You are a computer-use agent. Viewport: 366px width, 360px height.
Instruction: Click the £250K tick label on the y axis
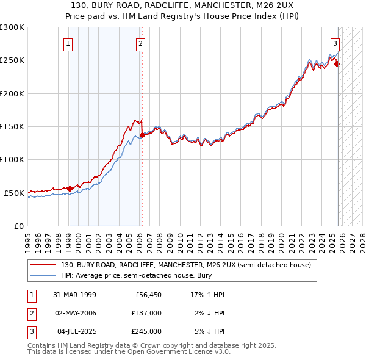(x=12, y=60)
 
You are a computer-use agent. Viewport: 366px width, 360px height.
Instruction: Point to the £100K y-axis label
(x=12, y=159)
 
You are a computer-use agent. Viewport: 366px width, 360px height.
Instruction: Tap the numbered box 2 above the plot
(x=140, y=43)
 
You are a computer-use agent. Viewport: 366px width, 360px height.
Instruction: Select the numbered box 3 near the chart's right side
(x=335, y=43)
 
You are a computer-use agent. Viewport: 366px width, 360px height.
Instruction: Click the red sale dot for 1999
(x=70, y=189)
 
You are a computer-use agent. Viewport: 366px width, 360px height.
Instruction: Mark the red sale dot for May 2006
(x=142, y=135)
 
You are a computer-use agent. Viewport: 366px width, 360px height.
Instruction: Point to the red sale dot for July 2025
(x=337, y=63)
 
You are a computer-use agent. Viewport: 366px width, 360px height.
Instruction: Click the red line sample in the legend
(x=43, y=265)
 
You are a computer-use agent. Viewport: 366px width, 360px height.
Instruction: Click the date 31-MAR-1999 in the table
(x=74, y=295)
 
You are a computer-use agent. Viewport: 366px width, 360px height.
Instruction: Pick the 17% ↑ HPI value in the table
(x=207, y=295)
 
